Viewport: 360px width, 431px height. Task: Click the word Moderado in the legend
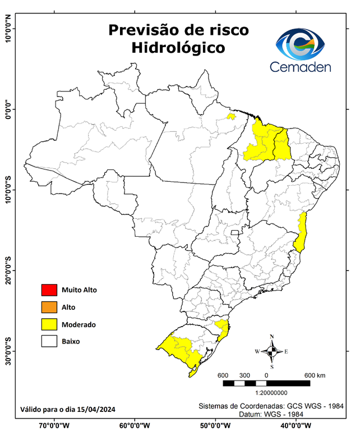79,324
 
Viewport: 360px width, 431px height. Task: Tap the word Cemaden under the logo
301,67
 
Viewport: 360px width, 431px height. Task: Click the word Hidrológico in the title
178,48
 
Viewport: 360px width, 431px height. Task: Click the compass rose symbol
272,351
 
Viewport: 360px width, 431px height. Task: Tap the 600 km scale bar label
315,375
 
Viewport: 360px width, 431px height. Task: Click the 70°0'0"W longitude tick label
54,425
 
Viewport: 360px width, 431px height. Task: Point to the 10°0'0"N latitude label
8,28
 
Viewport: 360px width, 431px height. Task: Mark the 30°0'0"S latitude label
8,350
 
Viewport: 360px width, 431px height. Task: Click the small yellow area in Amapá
230,117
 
